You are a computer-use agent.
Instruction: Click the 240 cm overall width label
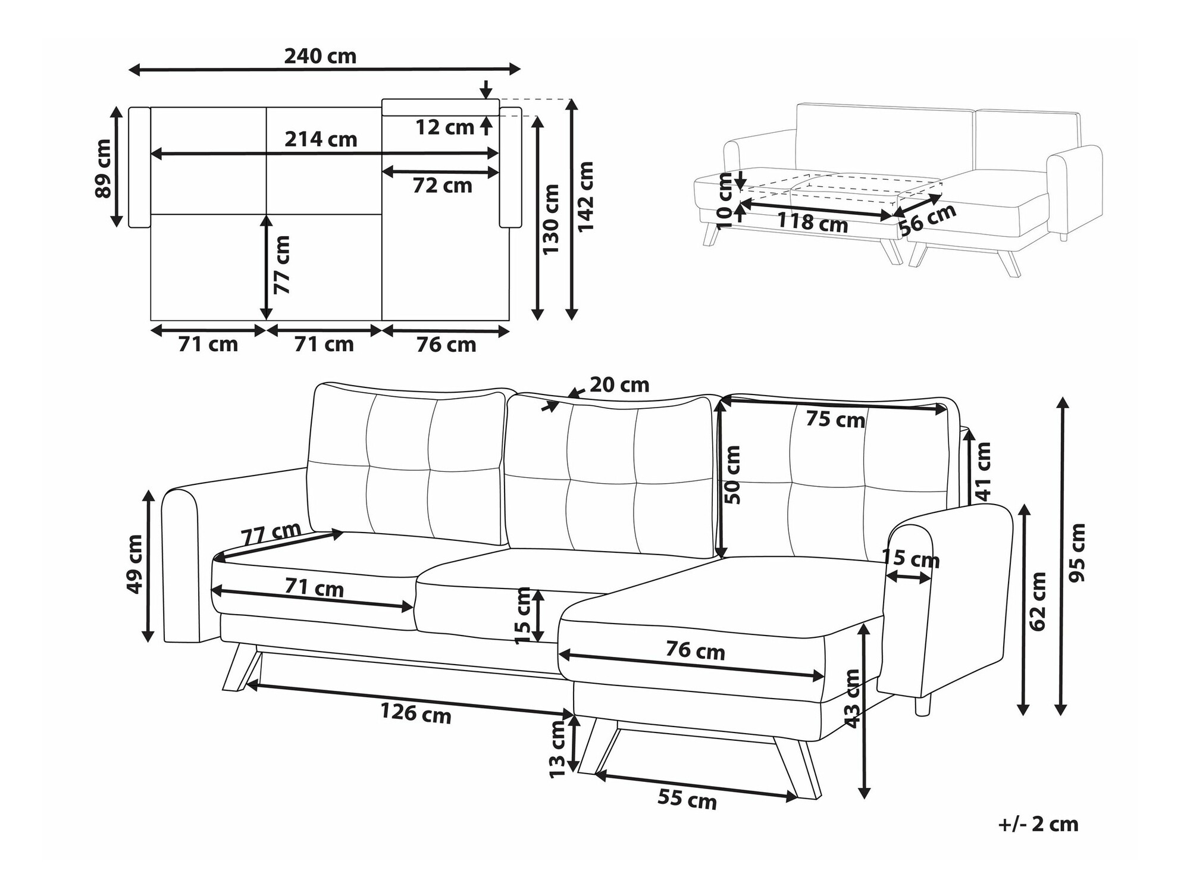click(320, 57)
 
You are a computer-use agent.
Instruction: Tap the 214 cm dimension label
click(321, 139)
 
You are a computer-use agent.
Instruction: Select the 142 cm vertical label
click(585, 196)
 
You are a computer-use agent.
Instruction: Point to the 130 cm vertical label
click(551, 219)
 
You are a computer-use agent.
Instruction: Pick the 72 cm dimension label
click(443, 186)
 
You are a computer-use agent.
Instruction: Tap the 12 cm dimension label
click(444, 127)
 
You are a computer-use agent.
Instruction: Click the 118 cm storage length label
click(813, 223)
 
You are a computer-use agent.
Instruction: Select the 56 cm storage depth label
click(928, 219)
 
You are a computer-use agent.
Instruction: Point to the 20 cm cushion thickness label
click(619, 385)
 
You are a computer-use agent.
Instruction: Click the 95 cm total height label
click(1077, 553)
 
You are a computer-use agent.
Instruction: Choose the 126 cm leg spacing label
click(416, 712)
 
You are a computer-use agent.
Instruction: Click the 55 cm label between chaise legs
click(687, 799)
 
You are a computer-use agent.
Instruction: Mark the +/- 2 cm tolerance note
click(1038, 824)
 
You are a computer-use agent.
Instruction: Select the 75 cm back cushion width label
click(835, 420)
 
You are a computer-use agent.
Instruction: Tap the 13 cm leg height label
click(558, 749)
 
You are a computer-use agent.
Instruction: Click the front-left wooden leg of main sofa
click(242, 667)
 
